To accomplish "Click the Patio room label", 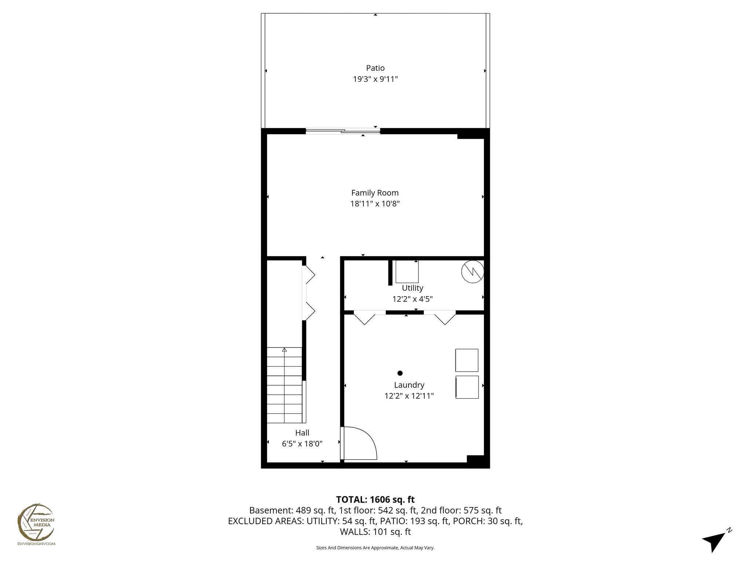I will point(375,68).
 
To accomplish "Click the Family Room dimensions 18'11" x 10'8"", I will point(375,204).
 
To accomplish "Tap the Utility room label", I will point(412,288).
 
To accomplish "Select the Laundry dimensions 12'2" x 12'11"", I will point(409,396).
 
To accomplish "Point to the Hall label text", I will point(302,433).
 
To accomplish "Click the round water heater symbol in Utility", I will point(472,272).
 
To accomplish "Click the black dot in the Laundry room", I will point(400,373).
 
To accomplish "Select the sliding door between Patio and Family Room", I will point(342,131).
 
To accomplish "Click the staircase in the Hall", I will point(285,385).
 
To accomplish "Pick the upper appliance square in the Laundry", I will point(466,360).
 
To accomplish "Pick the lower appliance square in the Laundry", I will point(467,387).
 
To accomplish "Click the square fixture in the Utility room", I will point(407,272).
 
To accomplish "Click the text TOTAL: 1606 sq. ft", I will point(375,499).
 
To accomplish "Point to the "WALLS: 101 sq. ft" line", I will point(375,532).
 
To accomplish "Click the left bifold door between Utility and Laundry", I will point(364,317).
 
